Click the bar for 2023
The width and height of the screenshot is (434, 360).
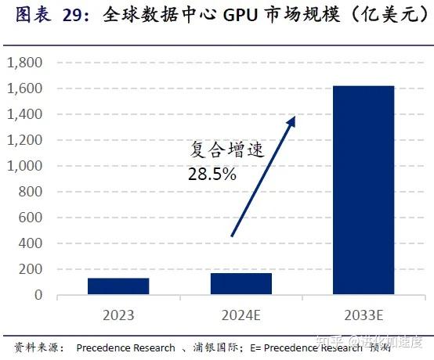[118, 286]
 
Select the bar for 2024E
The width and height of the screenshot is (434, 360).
[241, 284]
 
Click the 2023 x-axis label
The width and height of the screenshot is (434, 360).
[118, 315]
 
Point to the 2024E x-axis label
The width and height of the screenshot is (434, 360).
[241, 315]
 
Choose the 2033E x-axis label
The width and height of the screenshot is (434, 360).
[363, 315]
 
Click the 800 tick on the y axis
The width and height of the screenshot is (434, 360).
[31, 193]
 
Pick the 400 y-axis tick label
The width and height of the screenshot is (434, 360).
[31, 244]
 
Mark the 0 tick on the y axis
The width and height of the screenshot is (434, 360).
[38, 296]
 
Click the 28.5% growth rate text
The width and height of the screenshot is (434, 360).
[212, 175]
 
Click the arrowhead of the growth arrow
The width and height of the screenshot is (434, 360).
[291, 121]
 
